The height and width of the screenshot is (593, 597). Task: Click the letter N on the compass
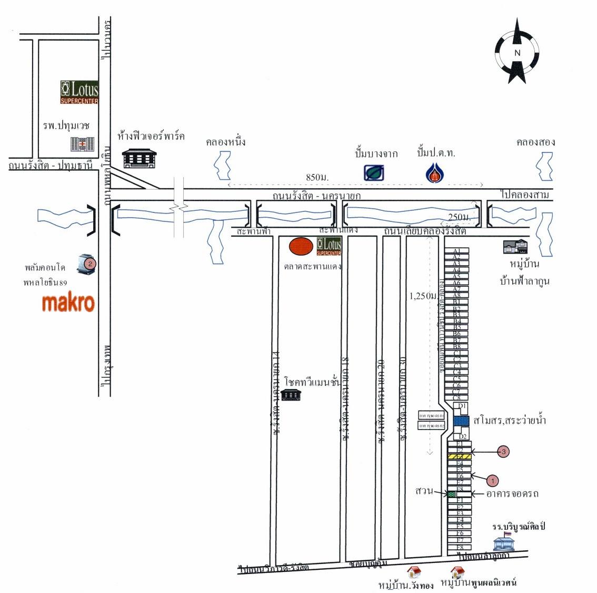(x=517, y=53)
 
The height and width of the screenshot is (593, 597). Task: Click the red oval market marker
(x=301, y=246)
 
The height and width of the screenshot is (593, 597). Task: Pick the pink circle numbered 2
(x=90, y=263)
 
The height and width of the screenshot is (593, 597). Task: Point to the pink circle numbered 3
(x=504, y=451)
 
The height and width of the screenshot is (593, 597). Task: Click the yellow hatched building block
(x=459, y=456)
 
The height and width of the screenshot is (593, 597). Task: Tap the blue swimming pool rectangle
(x=461, y=421)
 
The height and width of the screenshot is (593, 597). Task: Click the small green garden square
(x=451, y=494)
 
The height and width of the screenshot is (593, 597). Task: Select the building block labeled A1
(x=457, y=251)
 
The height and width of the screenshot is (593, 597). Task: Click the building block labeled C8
(x=457, y=397)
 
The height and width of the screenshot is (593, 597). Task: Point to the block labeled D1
(x=462, y=406)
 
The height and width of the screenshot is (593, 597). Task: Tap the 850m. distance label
(x=317, y=177)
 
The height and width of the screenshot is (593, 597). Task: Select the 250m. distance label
(x=459, y=217)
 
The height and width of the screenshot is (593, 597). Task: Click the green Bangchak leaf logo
(x=374, y=172)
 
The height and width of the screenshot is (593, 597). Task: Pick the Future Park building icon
(x=139, y=158)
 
